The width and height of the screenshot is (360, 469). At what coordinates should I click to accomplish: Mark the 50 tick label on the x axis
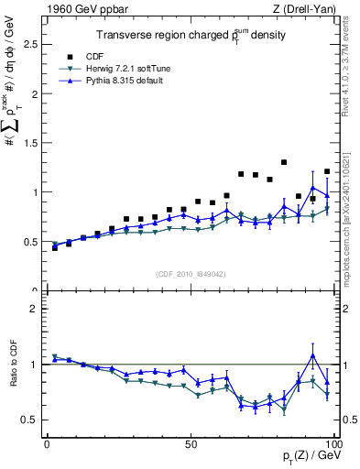pyautogui.click(x=191, y=442)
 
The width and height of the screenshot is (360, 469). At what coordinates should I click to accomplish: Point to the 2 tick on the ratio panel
pyautogui.click(x=37, y=309)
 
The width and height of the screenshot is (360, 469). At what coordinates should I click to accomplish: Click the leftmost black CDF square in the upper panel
pyautogui.click(x=55, y=247)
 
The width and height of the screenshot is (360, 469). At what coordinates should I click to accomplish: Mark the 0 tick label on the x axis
pyautogui.click(x=48, y=442)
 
